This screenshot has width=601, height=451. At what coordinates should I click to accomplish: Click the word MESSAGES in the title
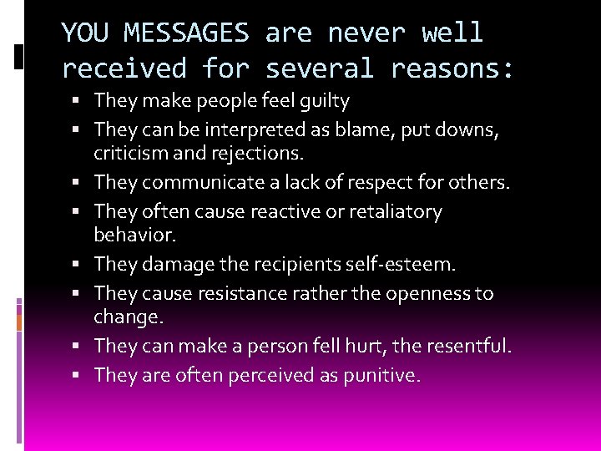tap(186, 33)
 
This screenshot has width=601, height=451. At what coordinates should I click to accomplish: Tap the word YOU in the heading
tap(87, 33)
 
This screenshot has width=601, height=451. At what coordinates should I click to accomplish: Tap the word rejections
tap(259, 153)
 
